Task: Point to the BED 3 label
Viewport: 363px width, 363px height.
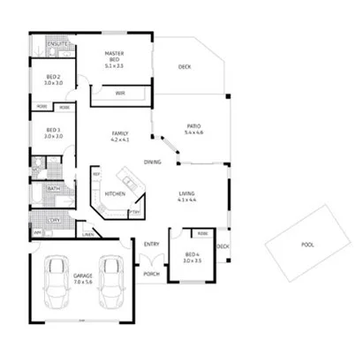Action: (x=53, y=132)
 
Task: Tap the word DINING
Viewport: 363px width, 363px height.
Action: (x=153, y=162)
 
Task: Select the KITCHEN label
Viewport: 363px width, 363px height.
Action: (x=115, y=193)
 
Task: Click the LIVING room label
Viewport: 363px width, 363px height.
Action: (x=186, y=195)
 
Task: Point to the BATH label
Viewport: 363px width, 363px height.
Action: (x=53, y=188)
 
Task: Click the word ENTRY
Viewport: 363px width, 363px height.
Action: (x=152, y=244)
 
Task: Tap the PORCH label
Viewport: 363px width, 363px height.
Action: (x=150, y=274)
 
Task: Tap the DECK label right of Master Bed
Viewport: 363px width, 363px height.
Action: (x=184, y=66)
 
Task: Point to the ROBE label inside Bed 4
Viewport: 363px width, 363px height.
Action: (x=203, y=234)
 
